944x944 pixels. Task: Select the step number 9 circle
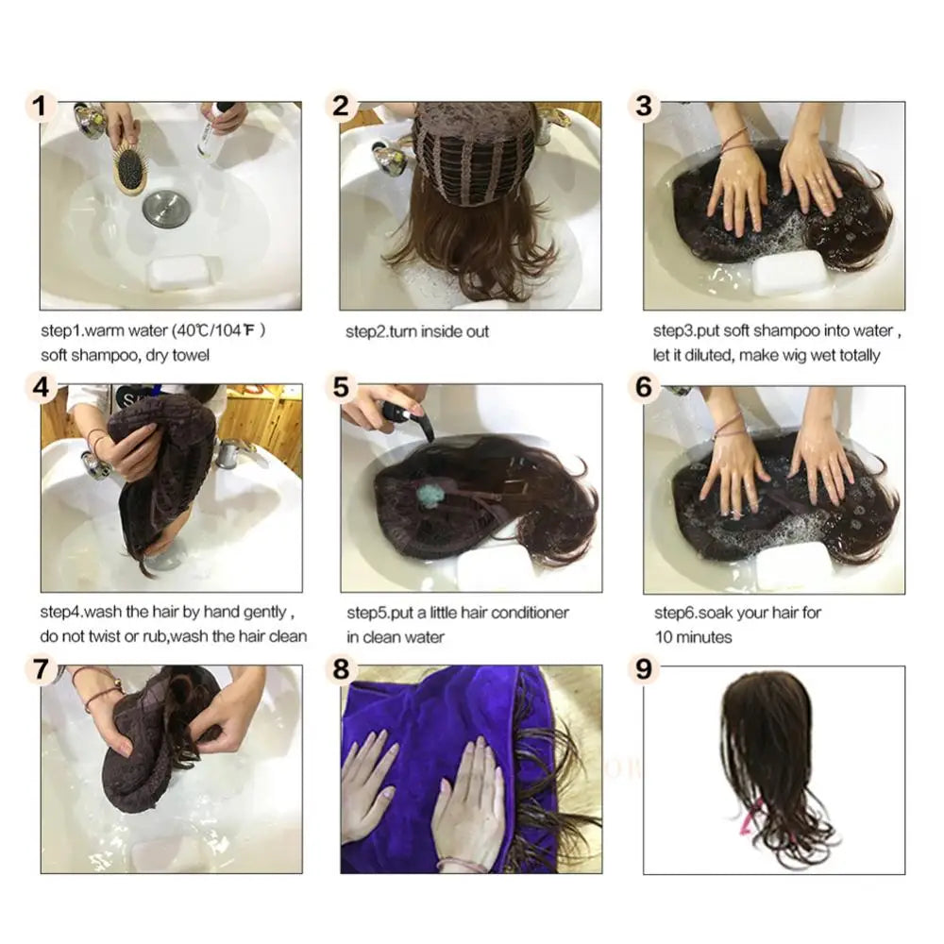[x=644, y=669]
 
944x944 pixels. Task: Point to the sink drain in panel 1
[x=161, y=209]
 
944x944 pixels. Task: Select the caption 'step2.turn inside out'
[x=417, y=331]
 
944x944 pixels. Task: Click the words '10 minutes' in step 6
[x=693, y=637]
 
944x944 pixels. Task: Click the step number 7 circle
[x=38, y=669]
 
